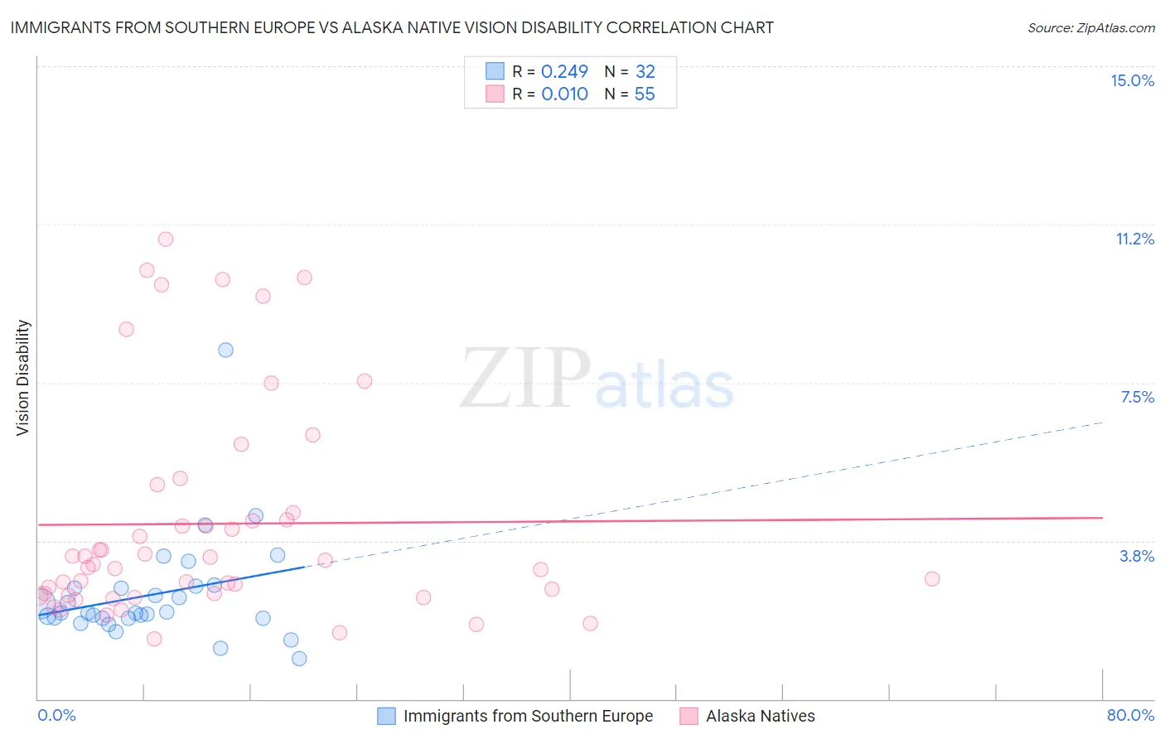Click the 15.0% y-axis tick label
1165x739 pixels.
(1132, 80)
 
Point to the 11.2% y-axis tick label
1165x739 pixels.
(1134, 239)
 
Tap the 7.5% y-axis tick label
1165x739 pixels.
(1137, 397)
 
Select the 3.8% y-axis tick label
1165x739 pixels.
(1137, 556)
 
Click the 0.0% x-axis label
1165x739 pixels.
(56, 715)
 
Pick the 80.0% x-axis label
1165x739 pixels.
(1130, 715)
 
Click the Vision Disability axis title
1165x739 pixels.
(23, 378)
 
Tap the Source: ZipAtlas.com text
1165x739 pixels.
(1090, 27)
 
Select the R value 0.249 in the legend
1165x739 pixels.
(564, 71)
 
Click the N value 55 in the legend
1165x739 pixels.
(645, 94)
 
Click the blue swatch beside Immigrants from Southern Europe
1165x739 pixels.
(386, 716)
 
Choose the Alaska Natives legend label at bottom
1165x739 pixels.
(760, 716)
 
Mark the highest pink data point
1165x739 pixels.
(166, 239)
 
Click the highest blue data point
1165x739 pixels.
(225, 350)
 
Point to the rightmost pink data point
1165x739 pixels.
(932, 579)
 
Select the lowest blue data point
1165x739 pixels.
(299, 659)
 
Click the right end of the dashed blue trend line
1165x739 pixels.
(1103, 423)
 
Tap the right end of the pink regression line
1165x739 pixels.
(1103, 518)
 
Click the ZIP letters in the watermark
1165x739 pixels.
(525, 379)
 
